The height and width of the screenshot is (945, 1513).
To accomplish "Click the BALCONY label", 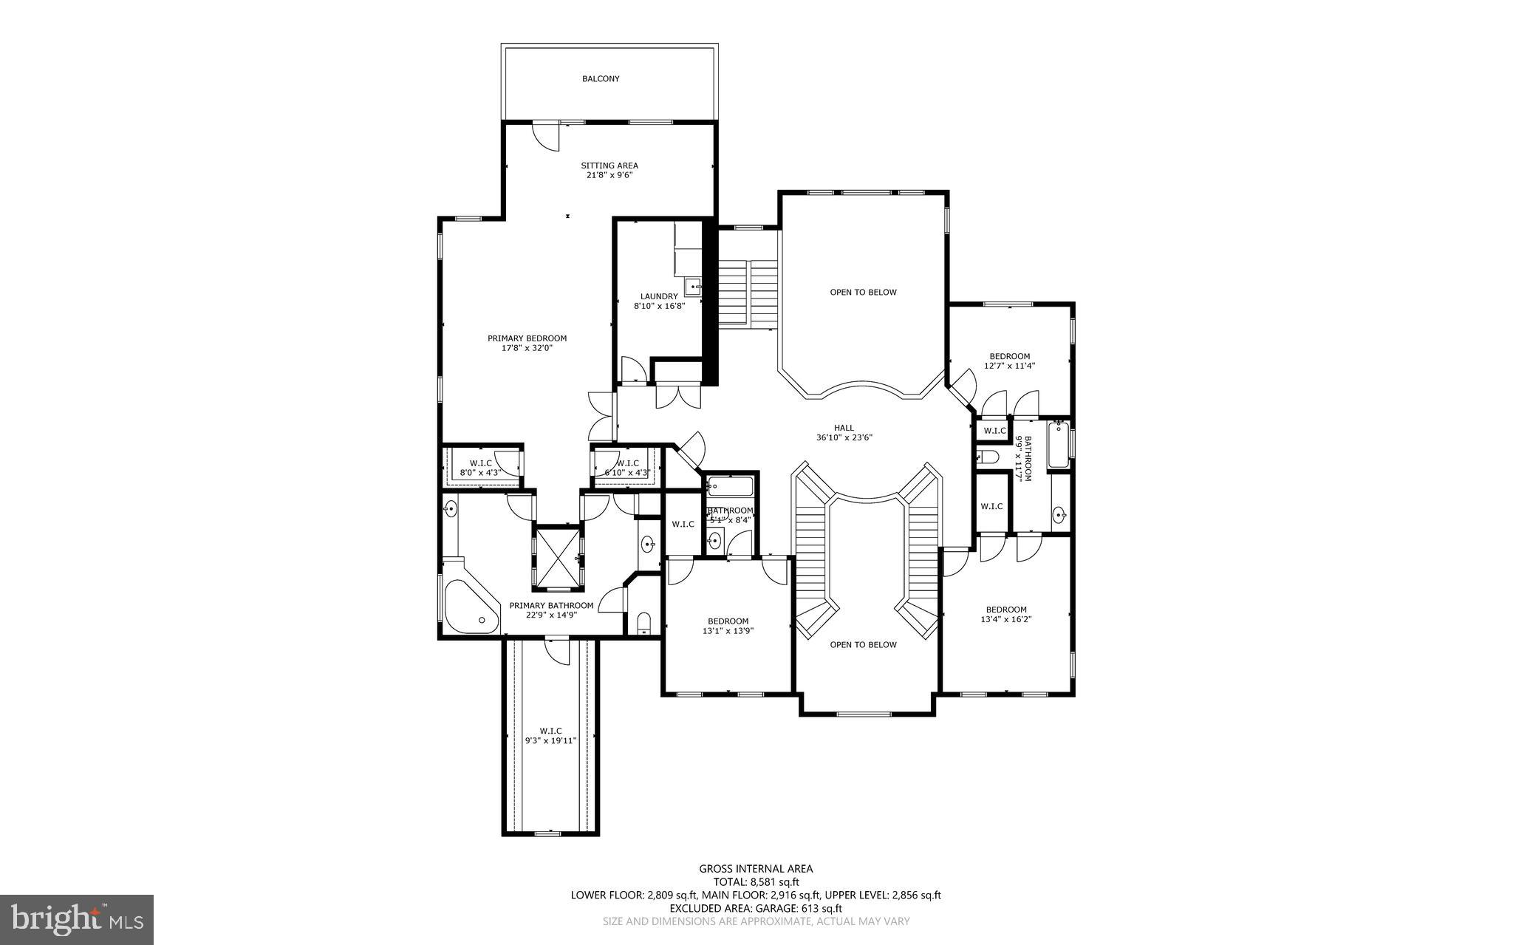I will point(601,78).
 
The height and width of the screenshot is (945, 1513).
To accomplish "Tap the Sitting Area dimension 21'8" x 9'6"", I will point(609,176).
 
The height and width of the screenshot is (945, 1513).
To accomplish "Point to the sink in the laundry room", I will point(692,287).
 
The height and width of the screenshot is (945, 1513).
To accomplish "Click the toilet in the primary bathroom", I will point(643,623).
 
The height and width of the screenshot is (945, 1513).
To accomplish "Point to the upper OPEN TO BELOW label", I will point(863,292).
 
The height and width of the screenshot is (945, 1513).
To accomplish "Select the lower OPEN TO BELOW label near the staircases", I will point(863,645).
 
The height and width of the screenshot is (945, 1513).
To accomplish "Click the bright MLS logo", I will point(77,920).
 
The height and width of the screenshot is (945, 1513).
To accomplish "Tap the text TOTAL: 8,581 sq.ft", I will point(756,881).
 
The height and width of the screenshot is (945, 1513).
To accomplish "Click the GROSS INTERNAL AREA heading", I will point(756,869).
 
